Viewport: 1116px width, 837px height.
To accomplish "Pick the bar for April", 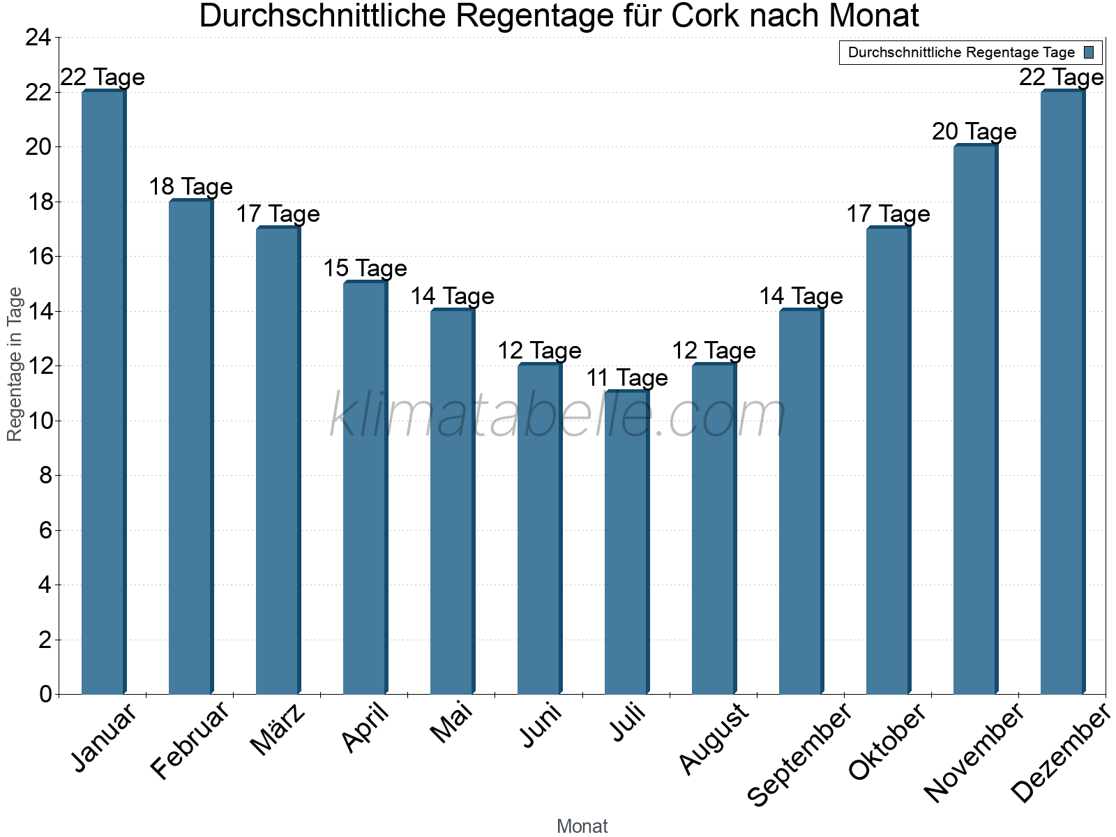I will tap(365, 488).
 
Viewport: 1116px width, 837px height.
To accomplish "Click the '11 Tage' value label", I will tap(626, 378).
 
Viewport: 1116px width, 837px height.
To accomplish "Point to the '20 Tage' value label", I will tap(974, 132).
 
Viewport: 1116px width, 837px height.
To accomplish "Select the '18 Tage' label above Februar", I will tap(190, 187).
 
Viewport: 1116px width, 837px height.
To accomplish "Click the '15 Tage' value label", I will tap(365, 269).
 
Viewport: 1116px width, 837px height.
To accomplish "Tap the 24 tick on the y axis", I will tap(38, 38).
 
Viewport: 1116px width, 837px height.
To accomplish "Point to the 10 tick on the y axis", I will tap(38, 421).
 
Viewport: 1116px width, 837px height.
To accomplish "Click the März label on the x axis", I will tap(278, 730).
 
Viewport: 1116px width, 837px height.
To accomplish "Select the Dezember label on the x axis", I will tap(1060, 753).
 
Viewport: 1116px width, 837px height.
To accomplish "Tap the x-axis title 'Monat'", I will tap(582, 827).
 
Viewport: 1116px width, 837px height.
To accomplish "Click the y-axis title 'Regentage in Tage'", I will tap(15, 364).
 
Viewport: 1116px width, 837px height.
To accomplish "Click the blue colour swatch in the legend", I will tap(1089, 52).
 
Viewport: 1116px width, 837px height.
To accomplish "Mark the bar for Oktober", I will tap(888, 461).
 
